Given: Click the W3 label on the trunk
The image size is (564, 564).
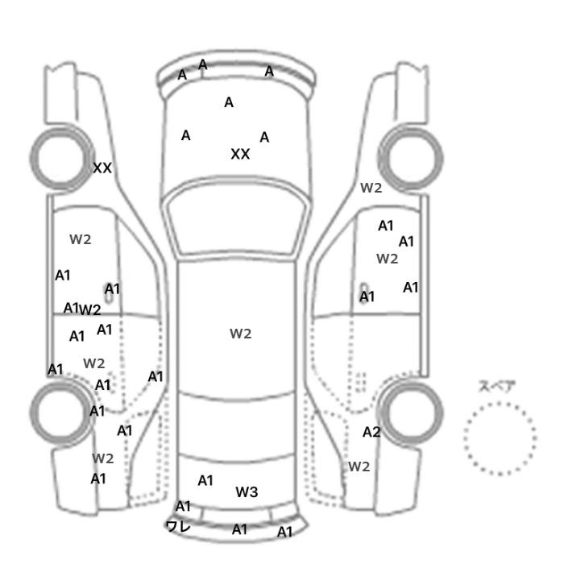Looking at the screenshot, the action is point(247,491).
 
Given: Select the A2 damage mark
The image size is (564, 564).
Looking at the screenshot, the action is point(371,432).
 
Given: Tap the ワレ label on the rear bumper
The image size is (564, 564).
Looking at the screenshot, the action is point(178,527).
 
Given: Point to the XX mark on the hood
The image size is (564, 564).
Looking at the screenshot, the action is point(240,154).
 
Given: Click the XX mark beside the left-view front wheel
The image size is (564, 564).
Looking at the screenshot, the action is point(102,168).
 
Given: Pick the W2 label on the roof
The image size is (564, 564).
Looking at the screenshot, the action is point(241,334).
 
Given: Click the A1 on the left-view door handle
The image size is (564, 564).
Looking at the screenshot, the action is point(112,288).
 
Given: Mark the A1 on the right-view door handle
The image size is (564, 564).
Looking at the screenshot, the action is point(367,297).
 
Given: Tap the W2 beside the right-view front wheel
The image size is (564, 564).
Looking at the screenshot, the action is point(371,188).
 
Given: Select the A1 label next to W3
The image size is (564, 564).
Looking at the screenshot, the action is point(205,480).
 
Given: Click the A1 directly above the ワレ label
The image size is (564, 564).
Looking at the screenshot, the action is point(183,507).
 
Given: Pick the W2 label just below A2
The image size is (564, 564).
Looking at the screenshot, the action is point(359,467).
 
